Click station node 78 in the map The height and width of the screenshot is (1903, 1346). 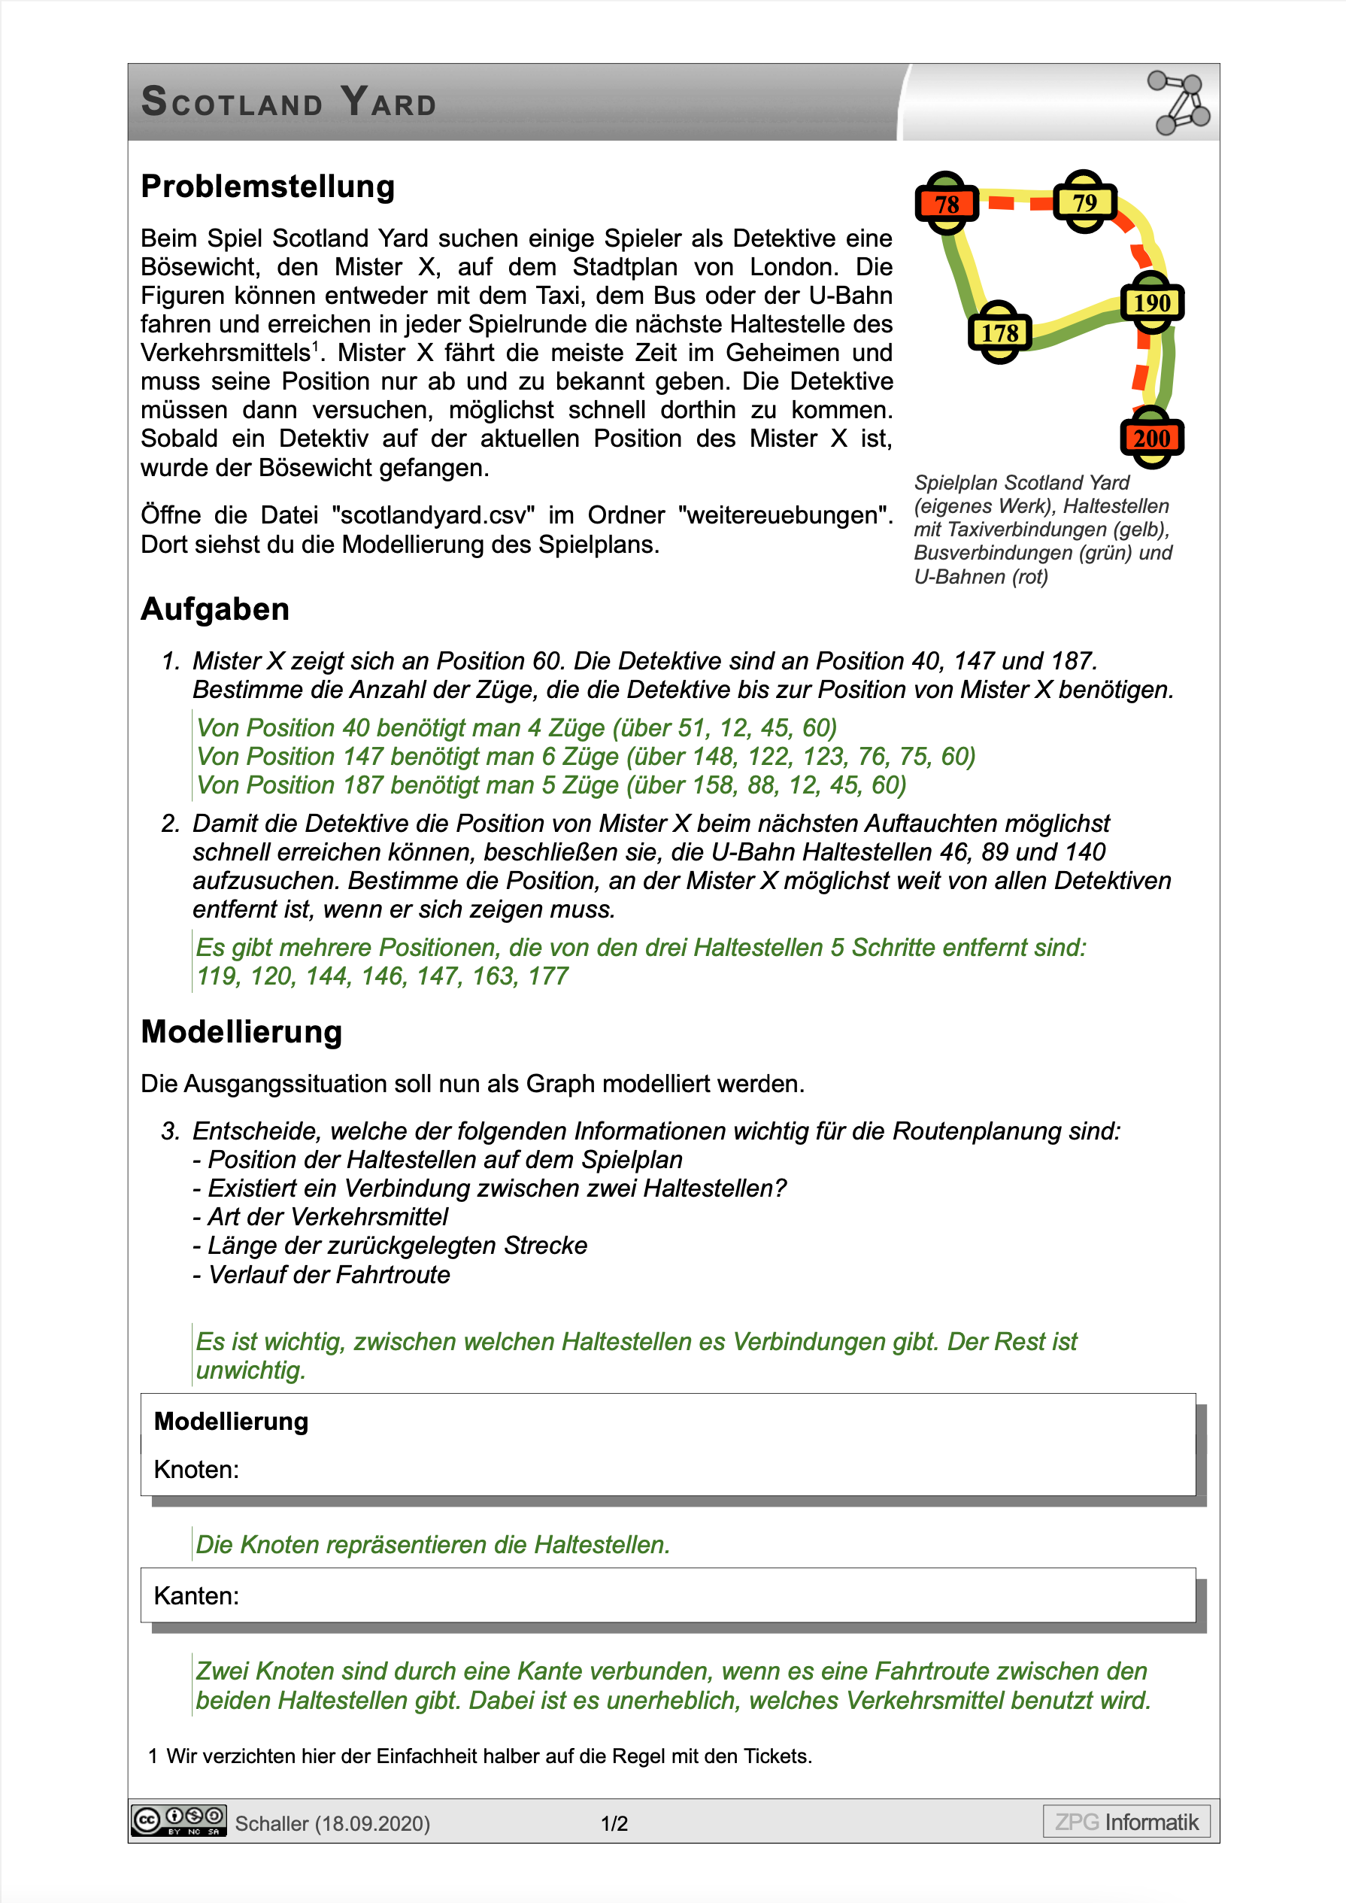pyautogui.click(x=947, y=204)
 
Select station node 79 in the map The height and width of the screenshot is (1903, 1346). pyautogui.click(x=1084, y=202)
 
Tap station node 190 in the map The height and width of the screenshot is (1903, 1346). pyautogui.click(x=1151, y=302)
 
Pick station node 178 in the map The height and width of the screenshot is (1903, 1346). pyautogui.click(x=999, y=333)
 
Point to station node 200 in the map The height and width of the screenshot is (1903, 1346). pyautogui.click(x=1151, y=438)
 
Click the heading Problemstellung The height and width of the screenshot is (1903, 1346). pyautogui.click(x=268, y=187)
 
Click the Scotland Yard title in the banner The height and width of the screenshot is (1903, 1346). pyautogui.click(x=290, y=103)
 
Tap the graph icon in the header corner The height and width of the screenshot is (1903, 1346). pyautogui.click(x=1178, y=103)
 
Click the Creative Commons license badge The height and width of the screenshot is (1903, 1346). pyautogui.click(x=178, y=1821)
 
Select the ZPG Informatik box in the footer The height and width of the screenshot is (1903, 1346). pyautogui.click(x=1126, y=1822)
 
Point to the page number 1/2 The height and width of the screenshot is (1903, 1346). pyautogui.click(x=614, y=1823)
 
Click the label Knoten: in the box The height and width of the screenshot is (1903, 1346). pyautogui.click(x=196, y=1470)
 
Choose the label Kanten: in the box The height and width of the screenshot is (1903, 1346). pyautogui.click(x=196, y=1595)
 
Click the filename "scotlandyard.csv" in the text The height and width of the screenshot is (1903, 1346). pyautogui.click(x=433, y=515)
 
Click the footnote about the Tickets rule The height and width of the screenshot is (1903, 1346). pyautogui.click(x=480, y=1756)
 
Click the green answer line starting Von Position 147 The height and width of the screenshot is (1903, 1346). pyautogui.click(x=585, y=757)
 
